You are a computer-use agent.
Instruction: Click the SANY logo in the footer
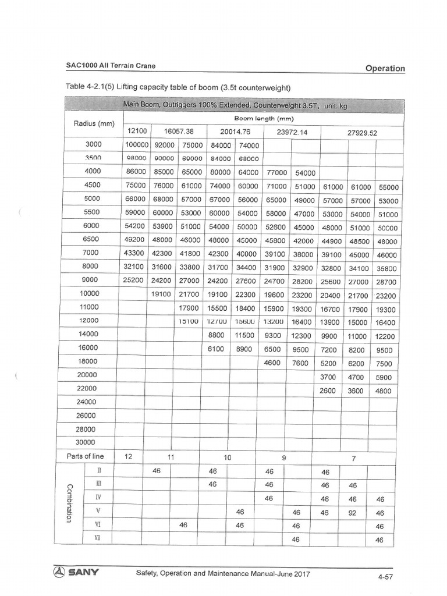[x=77, y=572]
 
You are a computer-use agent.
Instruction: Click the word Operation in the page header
[x=385, y=68]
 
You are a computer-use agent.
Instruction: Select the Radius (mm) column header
[x=94, y=124]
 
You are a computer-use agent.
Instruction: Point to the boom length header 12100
[x=136, y=132]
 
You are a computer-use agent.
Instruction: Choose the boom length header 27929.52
[x=362, y=132]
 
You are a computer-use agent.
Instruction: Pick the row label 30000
[x=86, y=442]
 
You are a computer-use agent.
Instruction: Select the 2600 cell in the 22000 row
[x=327, y=391]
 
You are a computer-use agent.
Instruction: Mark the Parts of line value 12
[x=129, y=457]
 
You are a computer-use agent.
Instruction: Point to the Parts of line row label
[x=86, y=456]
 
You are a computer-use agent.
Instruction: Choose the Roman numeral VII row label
[x=97, y=540]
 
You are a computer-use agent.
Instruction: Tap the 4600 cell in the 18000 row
[x=272, y=363]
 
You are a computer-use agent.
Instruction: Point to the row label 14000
[x=86, y=334]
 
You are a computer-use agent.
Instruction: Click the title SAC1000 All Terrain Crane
[x=111, y=66]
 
